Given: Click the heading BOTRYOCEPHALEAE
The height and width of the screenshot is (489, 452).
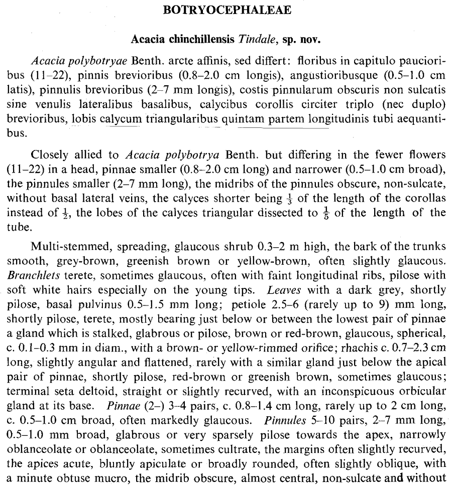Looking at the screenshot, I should (x=228, y=10).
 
